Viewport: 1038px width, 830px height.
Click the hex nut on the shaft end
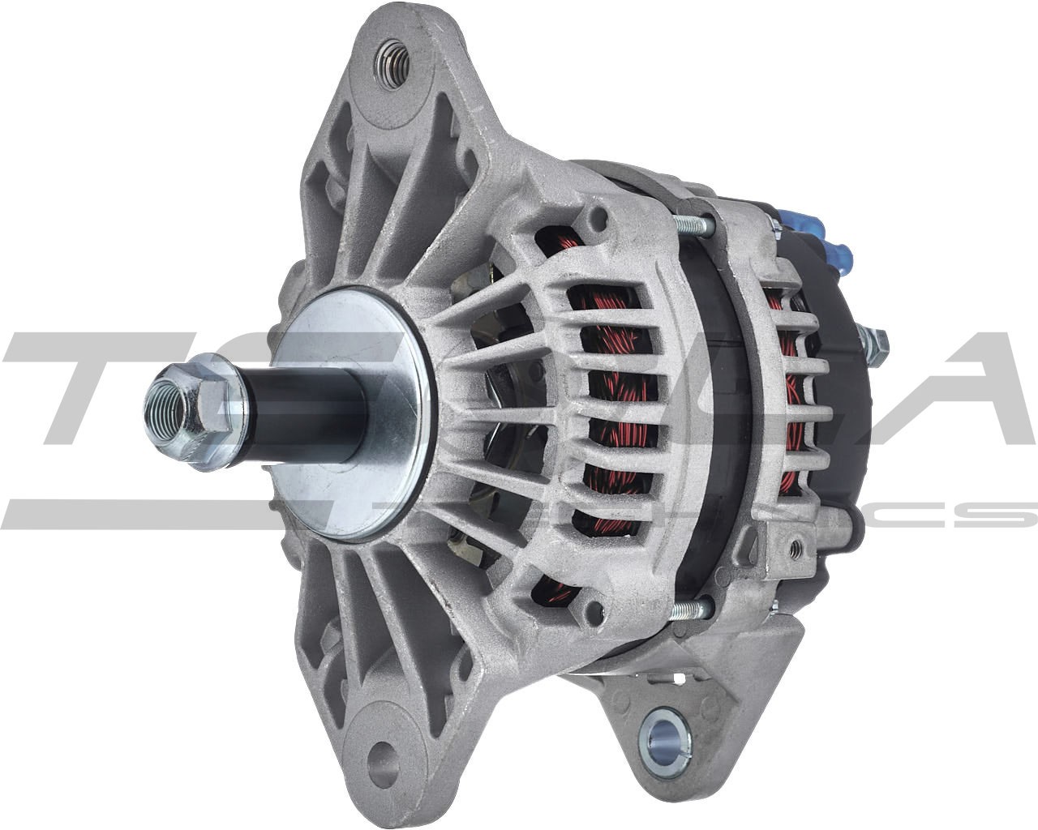[x=185, y=413]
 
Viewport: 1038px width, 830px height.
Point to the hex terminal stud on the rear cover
[x=876, y=344]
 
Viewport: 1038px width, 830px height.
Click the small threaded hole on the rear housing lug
[x=796, y=550]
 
